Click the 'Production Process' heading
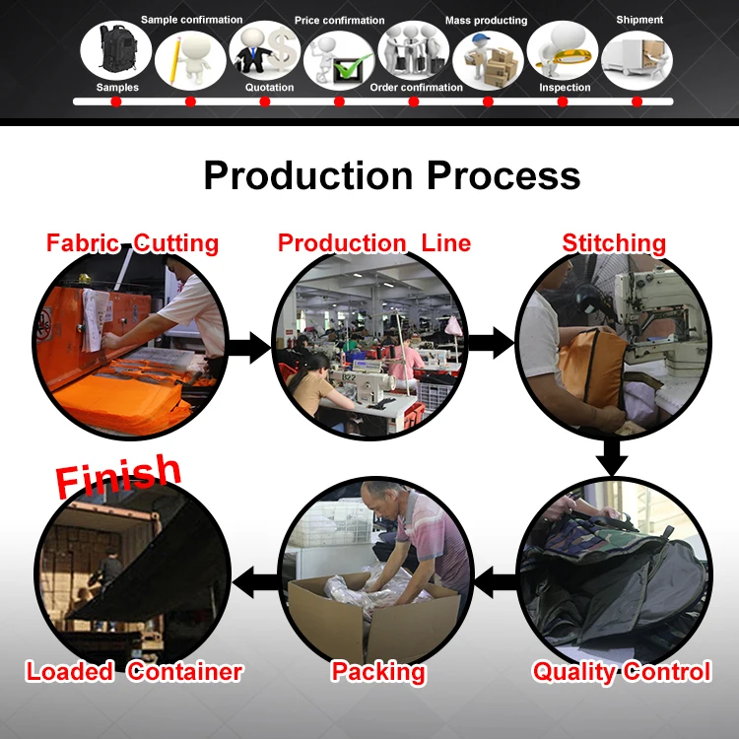[391, 175]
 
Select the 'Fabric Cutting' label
[133, 242]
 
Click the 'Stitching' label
[614, 242]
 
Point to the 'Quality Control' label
[621, 672]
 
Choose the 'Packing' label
[378, 672]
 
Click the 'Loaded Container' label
[134, 672]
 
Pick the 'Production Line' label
[374, 242]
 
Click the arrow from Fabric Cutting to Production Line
[249, 347]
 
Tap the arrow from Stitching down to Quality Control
[613, 456]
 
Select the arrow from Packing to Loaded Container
[259, 581]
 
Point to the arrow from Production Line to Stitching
[490, 343]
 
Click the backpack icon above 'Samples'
[115, 49]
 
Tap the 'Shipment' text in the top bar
[639, 20]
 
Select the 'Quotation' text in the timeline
[269, 88]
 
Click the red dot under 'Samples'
[116, 101]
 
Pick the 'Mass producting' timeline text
[486, 21]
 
